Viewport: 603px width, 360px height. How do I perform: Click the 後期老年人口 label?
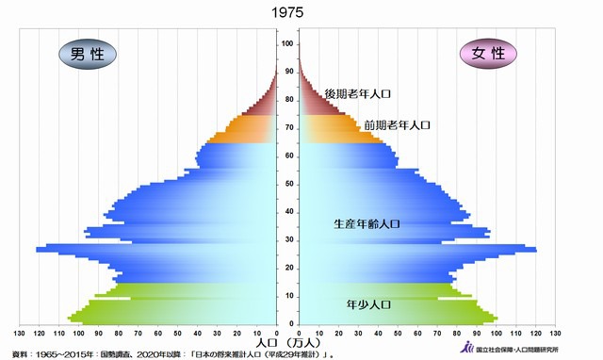coord(357,94)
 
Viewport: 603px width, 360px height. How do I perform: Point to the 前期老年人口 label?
coord(397,125)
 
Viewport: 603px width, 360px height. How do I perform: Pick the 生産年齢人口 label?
coord(367,224)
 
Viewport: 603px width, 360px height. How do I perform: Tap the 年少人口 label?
coord(368,304)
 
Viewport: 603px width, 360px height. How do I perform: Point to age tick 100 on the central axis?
coord(287,44)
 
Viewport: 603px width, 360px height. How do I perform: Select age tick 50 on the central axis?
coord(287,184)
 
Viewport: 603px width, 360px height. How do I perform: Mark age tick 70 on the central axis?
coord(287,128)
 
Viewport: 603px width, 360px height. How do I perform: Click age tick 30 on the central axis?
coord(287,240)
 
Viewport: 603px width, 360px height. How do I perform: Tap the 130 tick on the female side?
coord(556,334)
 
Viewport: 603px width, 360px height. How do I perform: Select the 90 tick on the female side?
coord(477,334)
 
